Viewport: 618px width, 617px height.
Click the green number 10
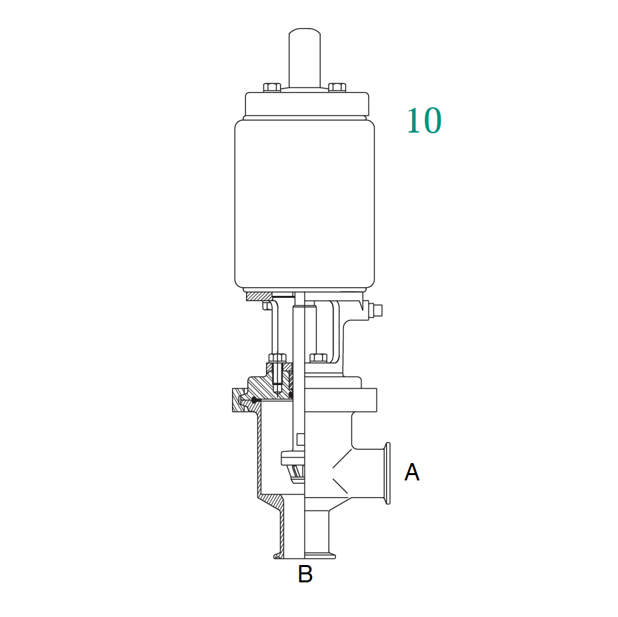424,121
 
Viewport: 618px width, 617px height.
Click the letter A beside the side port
412,472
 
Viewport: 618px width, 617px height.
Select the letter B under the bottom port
305,574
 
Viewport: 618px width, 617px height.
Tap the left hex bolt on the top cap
271,87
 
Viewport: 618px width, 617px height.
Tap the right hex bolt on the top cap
337,87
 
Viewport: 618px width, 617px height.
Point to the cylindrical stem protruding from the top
304,57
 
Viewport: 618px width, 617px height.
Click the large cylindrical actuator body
304,203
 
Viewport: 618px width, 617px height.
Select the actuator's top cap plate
306,104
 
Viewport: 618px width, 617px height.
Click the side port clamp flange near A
386,474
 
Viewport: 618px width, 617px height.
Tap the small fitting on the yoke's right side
377,310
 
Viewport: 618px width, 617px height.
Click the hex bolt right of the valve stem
318,358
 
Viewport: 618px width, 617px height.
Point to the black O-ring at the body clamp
254,400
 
